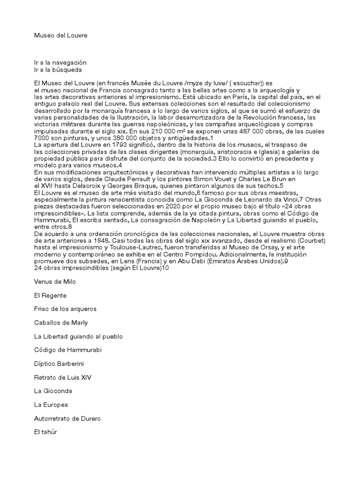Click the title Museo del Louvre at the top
(60, 35)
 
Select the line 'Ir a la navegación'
(60, 62)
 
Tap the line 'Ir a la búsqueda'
(58, 69)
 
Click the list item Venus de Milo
(55, 282)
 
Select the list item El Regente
(50, 296)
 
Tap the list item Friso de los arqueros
(65, 309)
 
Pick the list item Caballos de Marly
(61, 323)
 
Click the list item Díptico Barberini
(59, 364)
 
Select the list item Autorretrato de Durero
(67, 418)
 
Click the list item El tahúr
(45, 432)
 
